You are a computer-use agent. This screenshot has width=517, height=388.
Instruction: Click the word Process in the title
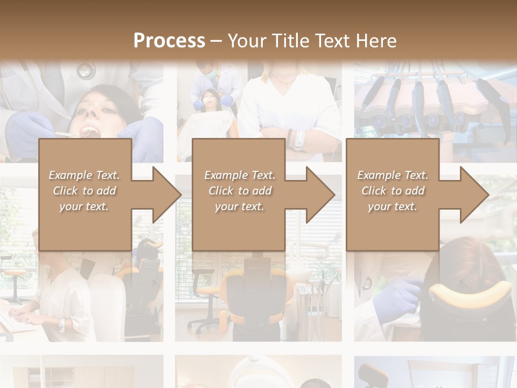[169, 41]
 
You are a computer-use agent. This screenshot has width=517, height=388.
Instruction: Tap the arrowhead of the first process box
[167, 195]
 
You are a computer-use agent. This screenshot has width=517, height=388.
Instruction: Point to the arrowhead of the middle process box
[320, 195]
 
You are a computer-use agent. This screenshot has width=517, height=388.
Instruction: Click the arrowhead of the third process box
[474, 195]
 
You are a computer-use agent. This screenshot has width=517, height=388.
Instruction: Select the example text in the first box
[84, 191]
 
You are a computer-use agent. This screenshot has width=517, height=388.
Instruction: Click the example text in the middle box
[239, 191]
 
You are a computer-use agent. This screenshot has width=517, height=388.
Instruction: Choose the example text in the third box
[392, 191]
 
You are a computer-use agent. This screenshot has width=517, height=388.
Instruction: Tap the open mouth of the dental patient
[89, 131]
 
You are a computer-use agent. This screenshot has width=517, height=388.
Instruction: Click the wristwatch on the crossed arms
[298, 140]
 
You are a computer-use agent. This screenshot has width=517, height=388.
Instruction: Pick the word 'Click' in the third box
[374, 191]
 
